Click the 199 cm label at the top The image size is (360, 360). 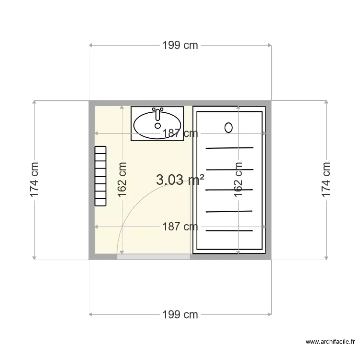click(180, 46)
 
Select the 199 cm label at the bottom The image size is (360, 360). click(180, 315)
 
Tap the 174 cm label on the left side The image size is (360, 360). click(34, 180)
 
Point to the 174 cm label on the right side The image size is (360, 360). click(326, 180)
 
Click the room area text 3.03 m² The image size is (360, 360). click(180, 180)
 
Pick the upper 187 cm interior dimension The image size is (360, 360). click(180, 134)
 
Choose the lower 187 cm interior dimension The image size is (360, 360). click(180, 226)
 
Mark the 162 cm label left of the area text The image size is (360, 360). click(122, 180)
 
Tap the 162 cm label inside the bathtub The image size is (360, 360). click(238, 180)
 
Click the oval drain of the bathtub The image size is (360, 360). click(228, 127)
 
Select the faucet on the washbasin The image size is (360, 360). click(157, 114)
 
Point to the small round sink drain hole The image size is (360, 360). click(157, 126)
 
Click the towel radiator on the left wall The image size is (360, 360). click(100, 176)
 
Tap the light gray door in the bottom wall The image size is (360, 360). click(154, 257)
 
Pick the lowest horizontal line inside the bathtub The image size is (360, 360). click(229, 231)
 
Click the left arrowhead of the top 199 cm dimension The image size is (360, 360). click(91, 46)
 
